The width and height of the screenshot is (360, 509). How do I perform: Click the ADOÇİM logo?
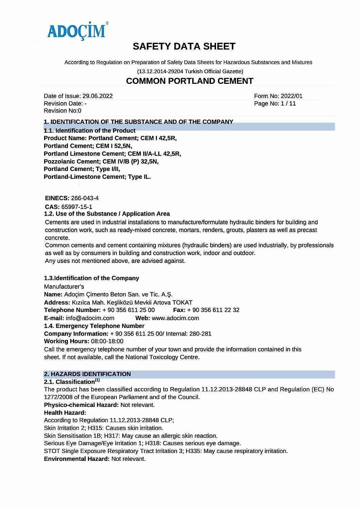[x=77, y=31]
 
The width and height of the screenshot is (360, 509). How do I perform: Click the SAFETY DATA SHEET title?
[x=184, y=46]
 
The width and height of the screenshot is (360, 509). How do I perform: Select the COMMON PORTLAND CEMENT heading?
[x=190, y=81]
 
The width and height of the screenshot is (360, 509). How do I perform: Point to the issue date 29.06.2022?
[x=97, y=96]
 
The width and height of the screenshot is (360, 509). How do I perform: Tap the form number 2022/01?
[x=291, y=96]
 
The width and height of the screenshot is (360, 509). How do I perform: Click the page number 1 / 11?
[x=288, y=103]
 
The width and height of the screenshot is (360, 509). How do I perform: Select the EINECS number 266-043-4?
[x=85, y=198]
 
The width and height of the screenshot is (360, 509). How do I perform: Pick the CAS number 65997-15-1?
[x=77, y=207]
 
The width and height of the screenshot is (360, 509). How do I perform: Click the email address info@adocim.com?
[x=90, y=318]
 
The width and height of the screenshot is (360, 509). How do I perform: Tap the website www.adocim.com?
[x=175, y=318]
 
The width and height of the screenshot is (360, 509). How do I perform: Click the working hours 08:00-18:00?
[x=107, y=341]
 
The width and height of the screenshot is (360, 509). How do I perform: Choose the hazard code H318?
[x=152, y=443]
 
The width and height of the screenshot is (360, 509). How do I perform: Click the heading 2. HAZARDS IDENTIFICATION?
[x=87, y=374]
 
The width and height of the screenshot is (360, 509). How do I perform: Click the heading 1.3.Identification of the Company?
[x=92, y=278]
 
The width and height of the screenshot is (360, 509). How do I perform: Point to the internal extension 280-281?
[x=200, y=334]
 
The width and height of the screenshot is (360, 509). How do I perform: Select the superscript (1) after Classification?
[x=97, y=380]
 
